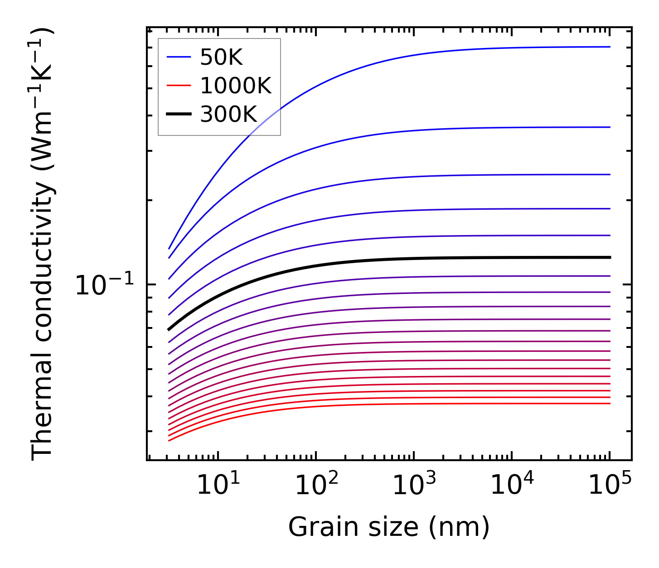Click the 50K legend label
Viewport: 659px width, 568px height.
pos(222,58)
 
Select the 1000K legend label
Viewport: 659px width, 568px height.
pos(236,86)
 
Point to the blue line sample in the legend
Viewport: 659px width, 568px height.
pos(179,57)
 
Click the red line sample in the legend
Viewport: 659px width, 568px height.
pos(179,86)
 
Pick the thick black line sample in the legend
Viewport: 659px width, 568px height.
pos(179,114)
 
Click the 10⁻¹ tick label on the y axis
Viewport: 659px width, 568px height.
pos(105,286)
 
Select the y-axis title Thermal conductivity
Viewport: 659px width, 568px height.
pos(43,245)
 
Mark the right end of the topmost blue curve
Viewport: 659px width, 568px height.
pos(610,47)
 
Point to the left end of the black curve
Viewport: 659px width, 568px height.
pos(169,329)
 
